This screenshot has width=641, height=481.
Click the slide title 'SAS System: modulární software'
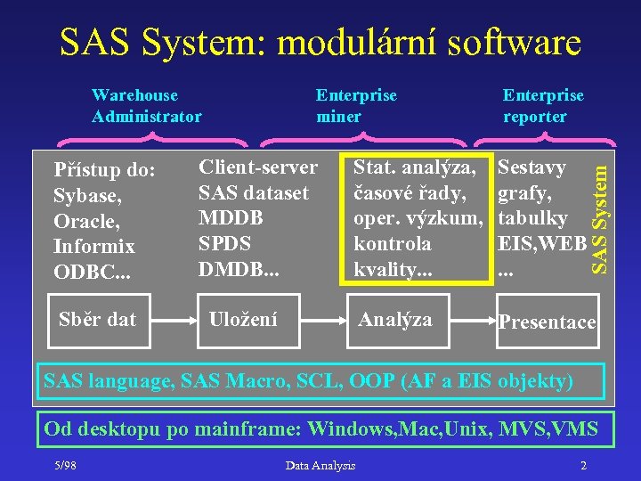point(320,41)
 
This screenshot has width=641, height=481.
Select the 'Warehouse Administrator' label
point(146,105)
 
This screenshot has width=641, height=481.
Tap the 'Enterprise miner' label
point(356,105)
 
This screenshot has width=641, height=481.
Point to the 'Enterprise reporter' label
point(543,105)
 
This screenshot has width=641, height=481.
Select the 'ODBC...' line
point(91,272)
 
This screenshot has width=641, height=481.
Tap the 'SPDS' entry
point(224,243)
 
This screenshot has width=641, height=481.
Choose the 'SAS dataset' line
point(254,192)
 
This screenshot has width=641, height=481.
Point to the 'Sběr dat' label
point(97,319)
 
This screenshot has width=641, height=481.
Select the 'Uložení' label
point(242,319)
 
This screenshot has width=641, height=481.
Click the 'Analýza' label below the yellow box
point(394,319)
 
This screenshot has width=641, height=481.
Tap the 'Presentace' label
point(547,322)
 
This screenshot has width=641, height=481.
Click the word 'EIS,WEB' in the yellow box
point(542,243)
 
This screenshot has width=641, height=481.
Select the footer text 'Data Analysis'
point(320,465)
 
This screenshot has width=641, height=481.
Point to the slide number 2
point(582,465)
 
